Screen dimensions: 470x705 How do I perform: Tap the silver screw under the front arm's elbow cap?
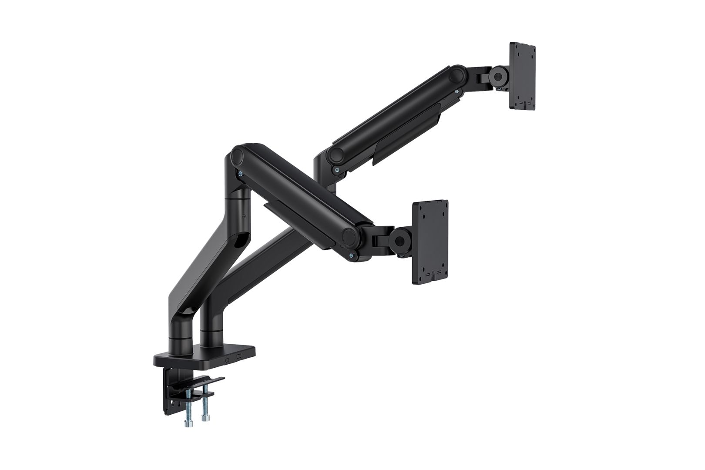[240, 173]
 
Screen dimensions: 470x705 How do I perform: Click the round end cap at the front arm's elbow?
[238, 154]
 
